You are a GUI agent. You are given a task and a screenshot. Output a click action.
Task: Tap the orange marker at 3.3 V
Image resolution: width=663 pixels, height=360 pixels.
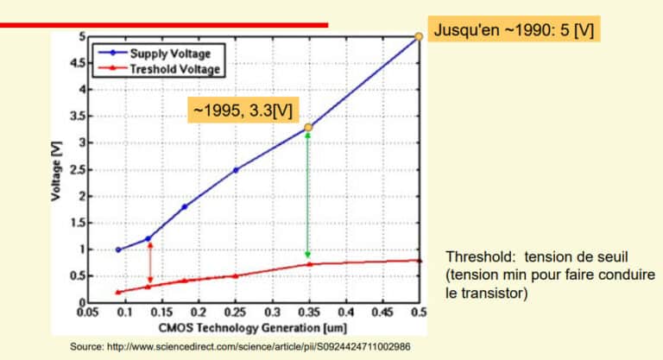tap(308, 127)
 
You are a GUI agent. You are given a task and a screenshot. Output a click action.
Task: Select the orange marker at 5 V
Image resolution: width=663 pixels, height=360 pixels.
tap(419, 36)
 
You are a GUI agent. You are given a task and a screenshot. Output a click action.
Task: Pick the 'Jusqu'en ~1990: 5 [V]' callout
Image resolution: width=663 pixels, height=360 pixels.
tap(513, 30)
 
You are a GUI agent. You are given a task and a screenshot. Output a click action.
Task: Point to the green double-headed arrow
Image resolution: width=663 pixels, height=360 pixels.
tap(308, 194)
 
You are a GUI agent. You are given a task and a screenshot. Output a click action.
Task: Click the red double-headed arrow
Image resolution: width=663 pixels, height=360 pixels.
tap(149, 263)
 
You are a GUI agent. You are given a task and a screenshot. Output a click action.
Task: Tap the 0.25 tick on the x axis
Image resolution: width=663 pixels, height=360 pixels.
tap(235, 313)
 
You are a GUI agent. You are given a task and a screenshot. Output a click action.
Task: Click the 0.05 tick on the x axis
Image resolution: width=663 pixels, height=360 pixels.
tap(87, 313)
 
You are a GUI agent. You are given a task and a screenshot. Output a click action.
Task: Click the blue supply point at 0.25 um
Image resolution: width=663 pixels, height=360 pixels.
tap(235, 170)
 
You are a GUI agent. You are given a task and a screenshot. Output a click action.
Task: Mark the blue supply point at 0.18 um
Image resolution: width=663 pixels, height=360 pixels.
tap(184, 207)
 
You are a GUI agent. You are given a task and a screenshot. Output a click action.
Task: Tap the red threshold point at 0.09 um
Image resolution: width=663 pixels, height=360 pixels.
tap(117, 292)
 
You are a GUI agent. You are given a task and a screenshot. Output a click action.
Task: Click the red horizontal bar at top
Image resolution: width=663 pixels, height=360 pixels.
tap(164, 25)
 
